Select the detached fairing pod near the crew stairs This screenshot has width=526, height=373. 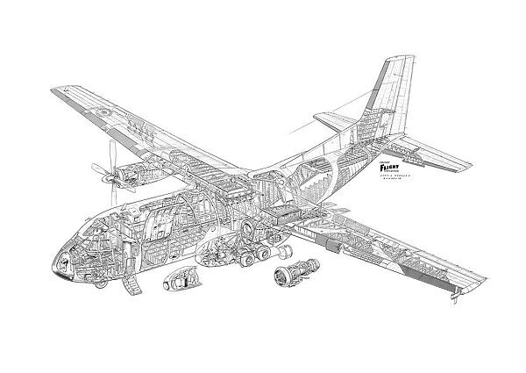(x=177, y=283)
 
